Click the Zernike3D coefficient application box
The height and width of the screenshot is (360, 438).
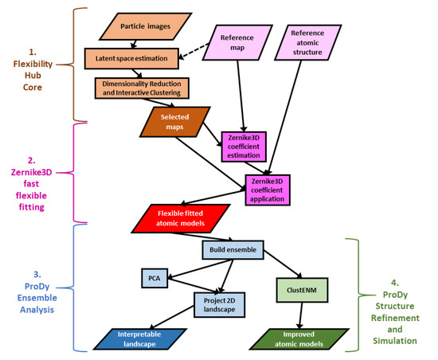point(270,190)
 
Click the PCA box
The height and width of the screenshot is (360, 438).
point(154,278)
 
